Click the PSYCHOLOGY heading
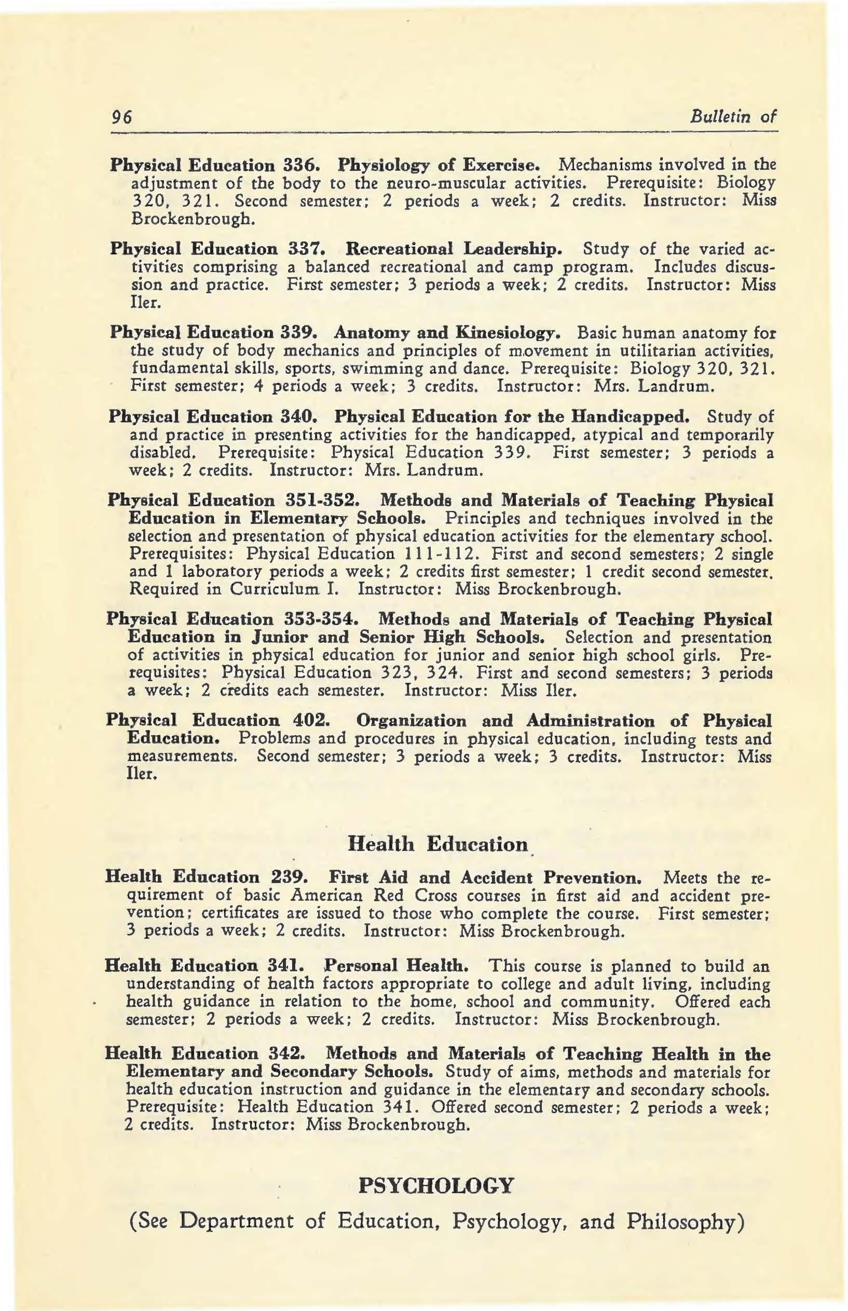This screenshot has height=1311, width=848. click(435, 1185)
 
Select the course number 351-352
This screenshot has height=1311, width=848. click(319, 500)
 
